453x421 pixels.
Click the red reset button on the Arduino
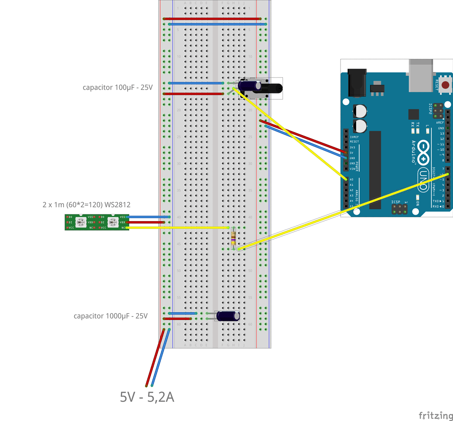(445, 85)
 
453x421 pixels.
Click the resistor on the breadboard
(234, 238)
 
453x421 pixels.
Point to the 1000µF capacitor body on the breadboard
(227, 316)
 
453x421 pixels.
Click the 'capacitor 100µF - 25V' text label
(117, 88)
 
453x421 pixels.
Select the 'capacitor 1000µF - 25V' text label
(110, 316)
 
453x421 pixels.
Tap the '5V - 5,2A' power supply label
(147, 397)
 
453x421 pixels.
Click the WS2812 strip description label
(86, 205)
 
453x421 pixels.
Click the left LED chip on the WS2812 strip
(81, 222)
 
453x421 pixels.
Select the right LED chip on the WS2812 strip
(112, 222)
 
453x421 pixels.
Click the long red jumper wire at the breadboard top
(212, 19)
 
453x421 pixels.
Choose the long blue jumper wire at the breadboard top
(217, 24)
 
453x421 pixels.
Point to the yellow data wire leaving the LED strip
(177, 227)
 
